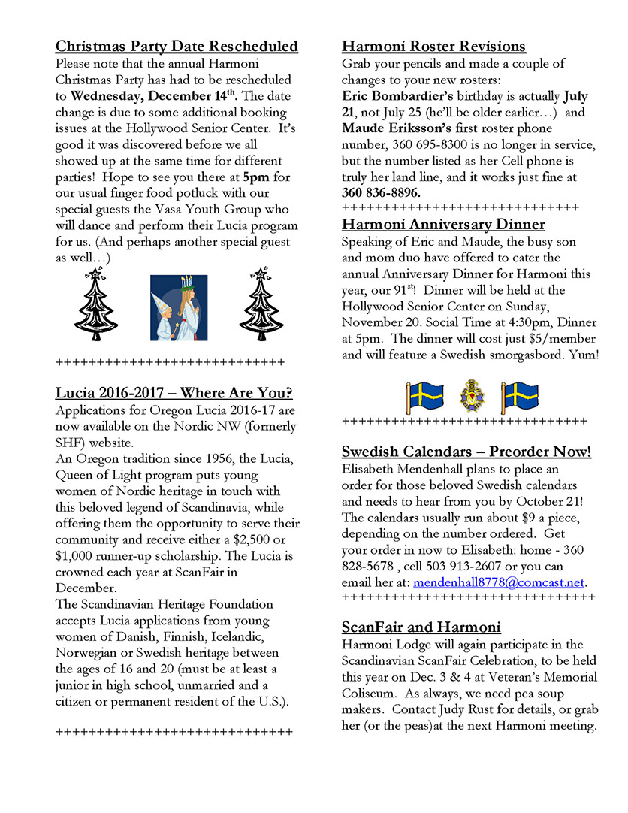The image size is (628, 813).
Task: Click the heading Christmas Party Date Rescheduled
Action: tap(177, 47)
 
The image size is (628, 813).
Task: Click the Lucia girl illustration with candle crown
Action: tap(179, 309)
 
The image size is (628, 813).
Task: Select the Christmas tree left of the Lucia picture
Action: tap(95, 305)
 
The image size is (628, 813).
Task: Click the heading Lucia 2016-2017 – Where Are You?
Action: tap(174, 393)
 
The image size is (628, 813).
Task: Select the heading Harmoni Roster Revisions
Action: tap(433, 47)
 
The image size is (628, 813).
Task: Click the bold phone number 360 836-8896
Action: tap(381, 192)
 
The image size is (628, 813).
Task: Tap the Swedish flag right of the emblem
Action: tap(519, 395)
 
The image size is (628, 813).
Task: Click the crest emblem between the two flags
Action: tap(473, 395)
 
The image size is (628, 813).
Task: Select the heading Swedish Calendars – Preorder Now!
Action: tap(466, 452)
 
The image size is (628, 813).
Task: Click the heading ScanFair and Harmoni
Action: tap(421, 627)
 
